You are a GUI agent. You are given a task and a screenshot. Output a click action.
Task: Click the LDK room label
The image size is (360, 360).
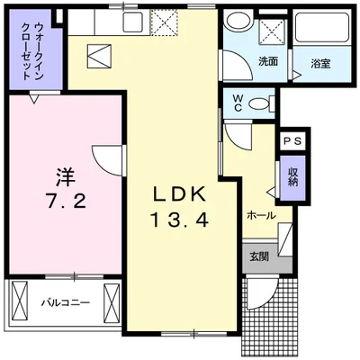[179, 194]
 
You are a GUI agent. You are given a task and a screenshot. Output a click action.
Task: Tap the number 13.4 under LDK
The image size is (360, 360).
[179, 220]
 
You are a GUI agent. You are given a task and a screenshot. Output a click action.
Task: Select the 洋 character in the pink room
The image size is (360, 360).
[65, 177]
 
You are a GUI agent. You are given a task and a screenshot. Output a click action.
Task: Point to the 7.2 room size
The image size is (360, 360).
[66, 201]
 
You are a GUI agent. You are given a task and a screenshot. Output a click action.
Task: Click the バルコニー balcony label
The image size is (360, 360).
[66, 302]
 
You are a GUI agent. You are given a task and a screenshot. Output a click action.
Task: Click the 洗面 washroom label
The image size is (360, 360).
[268, 61]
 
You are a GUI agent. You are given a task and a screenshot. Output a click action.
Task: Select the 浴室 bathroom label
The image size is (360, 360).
[320, 64]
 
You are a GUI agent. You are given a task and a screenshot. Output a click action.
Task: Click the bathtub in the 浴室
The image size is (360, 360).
[322, 27]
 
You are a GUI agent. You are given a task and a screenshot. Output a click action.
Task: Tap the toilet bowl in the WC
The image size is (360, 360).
[259, 103]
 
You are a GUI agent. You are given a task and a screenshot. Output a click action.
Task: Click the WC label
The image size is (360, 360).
[238, 103]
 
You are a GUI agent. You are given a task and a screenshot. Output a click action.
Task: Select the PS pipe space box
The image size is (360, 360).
[292, 141]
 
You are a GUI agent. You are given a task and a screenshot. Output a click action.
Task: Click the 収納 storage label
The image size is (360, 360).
[292, 177]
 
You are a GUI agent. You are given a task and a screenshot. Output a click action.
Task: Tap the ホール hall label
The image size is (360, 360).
[261, 215]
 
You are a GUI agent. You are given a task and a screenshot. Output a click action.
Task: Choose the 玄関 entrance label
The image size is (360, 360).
[259, 256]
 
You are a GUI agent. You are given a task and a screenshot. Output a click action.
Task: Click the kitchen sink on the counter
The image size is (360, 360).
[133, 22]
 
